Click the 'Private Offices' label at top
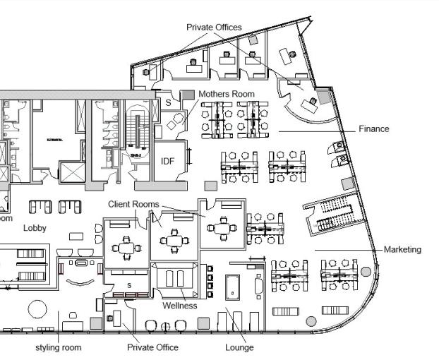(x=214, y=27)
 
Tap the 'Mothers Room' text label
(x=227, y=93)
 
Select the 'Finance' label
(x=373, y=129)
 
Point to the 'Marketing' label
(x=402, y=249)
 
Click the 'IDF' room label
(x=167, y=161)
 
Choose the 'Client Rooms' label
(x=133, y=204)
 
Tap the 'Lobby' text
(x=35, y=228)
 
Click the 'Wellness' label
(x=180, y=306)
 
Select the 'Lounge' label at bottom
(x=239, y=347)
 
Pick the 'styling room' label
(x=58, y=347)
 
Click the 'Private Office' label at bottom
(x=152, y=347)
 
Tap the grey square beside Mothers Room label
(x=188, y=95)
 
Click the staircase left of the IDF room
(x=137, y=134)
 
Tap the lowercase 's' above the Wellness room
(x=129, y=284)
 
